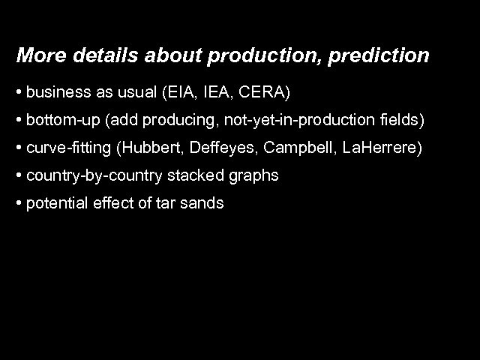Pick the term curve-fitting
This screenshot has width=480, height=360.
tap(67, 148)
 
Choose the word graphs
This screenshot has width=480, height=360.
tap(254, 176)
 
